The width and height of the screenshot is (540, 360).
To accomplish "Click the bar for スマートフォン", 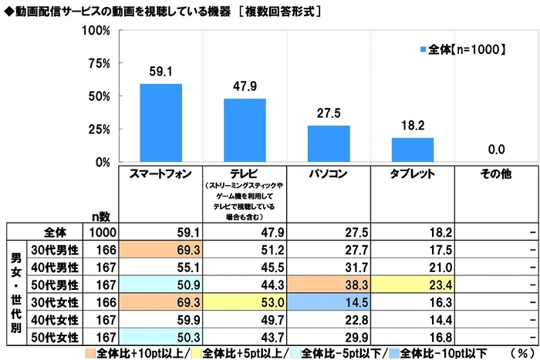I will pyautogui.click(x=160, y=123).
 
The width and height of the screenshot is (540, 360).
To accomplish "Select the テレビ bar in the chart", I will pyautogui.click(x=245, y=130).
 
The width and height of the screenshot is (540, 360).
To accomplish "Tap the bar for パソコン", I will pyautogui.click(x=329, y=144).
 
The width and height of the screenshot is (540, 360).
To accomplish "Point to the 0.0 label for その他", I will pyautogui.click(x=497, y=150).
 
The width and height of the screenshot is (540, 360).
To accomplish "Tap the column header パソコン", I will pyautogui.click(x=329, y=174).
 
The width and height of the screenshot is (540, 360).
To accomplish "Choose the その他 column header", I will pyautogui.click(x=497, y=174).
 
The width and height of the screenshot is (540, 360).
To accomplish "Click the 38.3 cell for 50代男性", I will pyautogui.click(x=329, y=283).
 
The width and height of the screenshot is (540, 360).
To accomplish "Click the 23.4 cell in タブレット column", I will pyautogui.click(x=413, y=283).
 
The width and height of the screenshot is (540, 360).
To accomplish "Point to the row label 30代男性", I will pyautogui.click(x=52, y=250).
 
